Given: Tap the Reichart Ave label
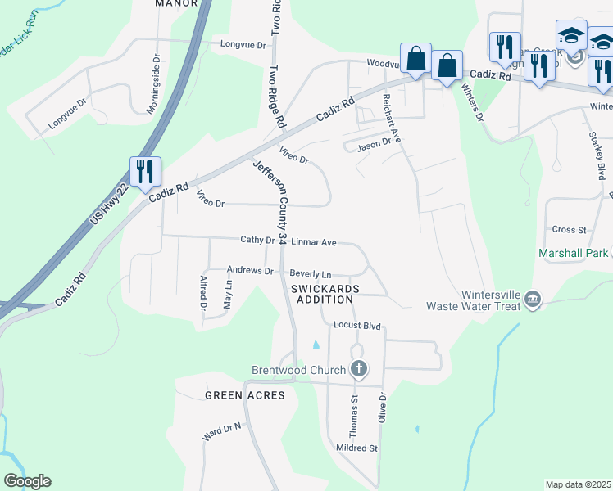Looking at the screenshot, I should pos(390,117).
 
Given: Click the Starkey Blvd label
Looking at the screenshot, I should pos(597,155).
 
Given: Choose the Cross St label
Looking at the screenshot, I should pos(569,230).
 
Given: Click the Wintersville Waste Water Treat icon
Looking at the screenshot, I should pos(534,299).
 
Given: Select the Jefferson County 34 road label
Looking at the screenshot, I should pos(270,201).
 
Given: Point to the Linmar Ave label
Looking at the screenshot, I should pos(315,242).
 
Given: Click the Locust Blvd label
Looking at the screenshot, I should pos(356,325).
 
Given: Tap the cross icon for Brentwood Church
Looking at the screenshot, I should pos(358,370).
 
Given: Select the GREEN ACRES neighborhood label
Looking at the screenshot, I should pos(244,395).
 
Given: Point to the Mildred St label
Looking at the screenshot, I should pos(356,448).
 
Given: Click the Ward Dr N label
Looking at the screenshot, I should pos(222,432).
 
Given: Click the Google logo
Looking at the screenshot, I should pos(27,481).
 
